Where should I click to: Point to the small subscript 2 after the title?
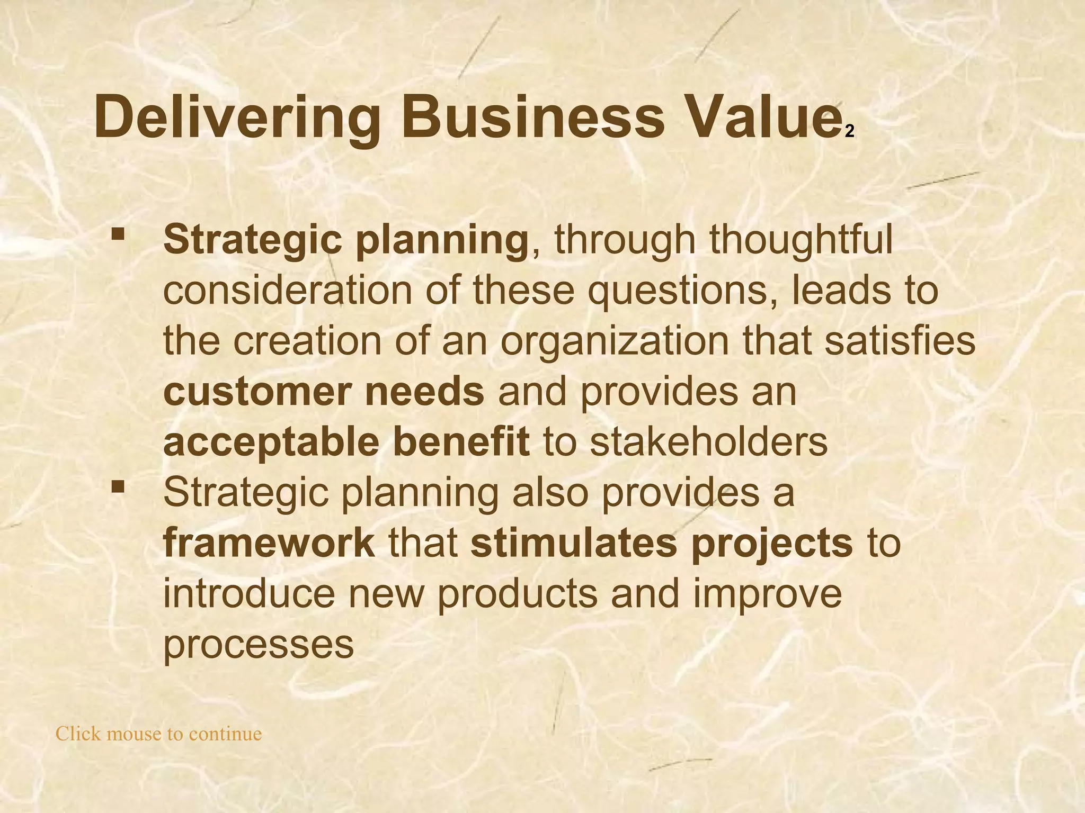click(849, 132)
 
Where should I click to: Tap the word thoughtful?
click(801, 239)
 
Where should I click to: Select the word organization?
click(615, 341)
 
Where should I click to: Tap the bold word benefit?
click(460, 442)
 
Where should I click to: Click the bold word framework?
click(269, 543)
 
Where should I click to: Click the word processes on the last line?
click(258, 644)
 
